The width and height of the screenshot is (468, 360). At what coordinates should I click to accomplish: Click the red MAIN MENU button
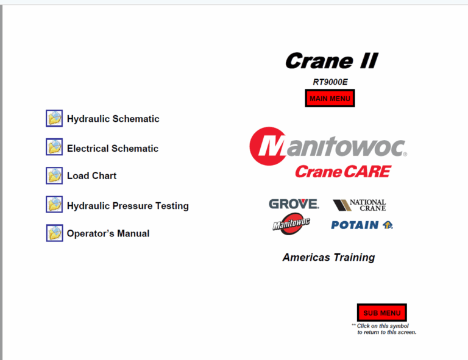point(330,98)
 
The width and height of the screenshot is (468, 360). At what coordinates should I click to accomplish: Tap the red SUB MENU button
point(382,313)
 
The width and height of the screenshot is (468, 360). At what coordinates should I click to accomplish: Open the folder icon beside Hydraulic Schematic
point(54,118)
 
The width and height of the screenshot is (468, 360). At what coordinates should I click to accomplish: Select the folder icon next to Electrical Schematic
point(54,147)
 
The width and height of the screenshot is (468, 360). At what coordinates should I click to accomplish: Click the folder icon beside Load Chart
point(54,175)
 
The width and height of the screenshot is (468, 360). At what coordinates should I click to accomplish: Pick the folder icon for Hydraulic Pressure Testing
point(54,205)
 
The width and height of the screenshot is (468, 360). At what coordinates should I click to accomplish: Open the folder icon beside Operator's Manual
point(54,233)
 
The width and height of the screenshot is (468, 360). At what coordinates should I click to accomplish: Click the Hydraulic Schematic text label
point(113,119)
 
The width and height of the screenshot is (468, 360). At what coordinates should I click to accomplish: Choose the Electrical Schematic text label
point(112,149)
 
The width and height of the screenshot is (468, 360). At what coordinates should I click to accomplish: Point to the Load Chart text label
point(91,176)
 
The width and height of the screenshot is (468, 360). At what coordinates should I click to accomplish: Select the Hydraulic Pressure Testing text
point(127,206)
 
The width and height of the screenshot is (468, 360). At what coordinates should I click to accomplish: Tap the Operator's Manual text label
point(108,233)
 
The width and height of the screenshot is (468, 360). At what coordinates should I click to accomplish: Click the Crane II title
point(331,61)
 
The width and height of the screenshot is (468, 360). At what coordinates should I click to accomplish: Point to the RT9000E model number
point(330,82)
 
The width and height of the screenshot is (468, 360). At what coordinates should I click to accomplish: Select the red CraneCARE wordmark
point(342,172)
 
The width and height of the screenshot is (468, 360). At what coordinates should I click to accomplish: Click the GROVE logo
point(294,204)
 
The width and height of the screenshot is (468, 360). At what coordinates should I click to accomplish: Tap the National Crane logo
point(360,205)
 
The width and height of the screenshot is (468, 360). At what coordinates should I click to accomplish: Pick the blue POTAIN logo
point(361,225)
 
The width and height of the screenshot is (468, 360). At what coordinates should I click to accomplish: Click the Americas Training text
point(328,258)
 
